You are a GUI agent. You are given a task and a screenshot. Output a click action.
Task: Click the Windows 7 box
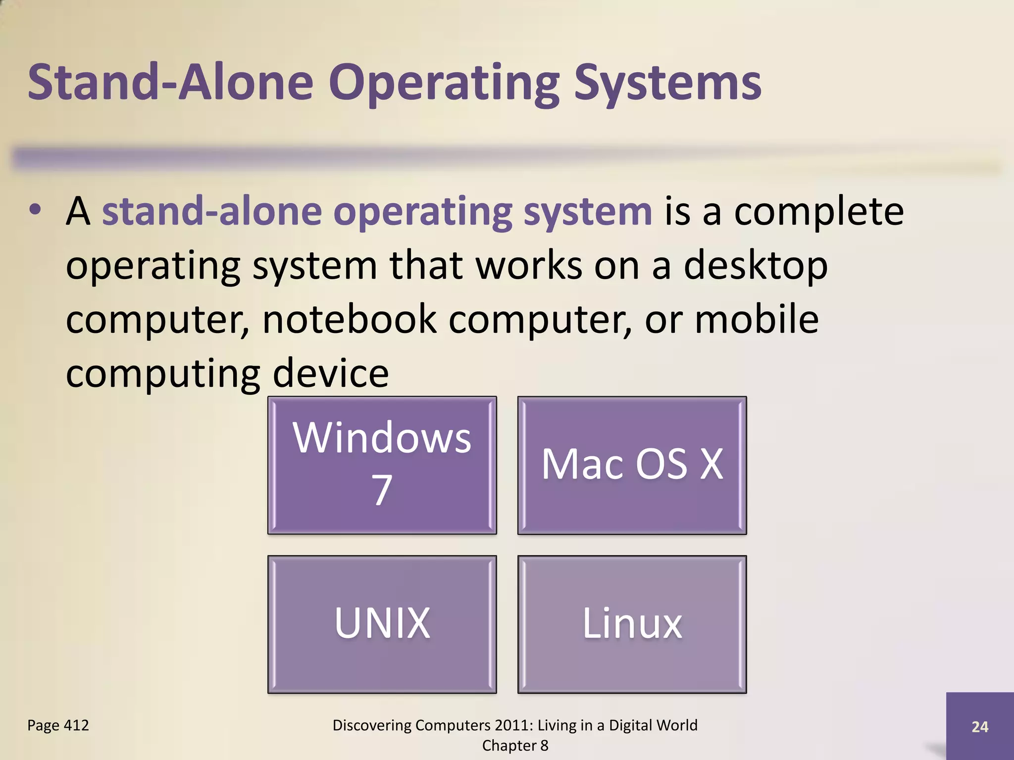click(x=382, y=465)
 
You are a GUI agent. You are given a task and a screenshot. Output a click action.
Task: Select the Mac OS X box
click(x=632, y=465)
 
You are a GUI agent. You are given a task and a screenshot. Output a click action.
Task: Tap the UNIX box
click(x=382, y=623)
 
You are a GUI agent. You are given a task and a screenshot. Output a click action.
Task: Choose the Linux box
click(x=632, y=623)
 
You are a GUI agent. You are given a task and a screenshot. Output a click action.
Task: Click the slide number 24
click(x=980, y=726)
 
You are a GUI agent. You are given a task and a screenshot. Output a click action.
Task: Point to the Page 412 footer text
click(x=58, y=725)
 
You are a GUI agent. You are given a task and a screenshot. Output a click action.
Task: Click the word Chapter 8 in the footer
click(x=515, y=746)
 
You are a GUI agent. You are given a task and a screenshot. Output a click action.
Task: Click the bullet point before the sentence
click(x=35, y=210)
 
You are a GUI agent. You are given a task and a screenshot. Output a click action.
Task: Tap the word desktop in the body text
click(x=756, y=266)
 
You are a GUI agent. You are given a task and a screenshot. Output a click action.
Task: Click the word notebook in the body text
click(x=350, y=319)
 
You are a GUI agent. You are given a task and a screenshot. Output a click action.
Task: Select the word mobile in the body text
click(x=757, y=319)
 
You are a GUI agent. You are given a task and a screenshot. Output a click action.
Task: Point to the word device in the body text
click(x=331, y=373)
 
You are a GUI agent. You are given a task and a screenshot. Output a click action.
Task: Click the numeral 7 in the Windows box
click(x=382, y=490)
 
